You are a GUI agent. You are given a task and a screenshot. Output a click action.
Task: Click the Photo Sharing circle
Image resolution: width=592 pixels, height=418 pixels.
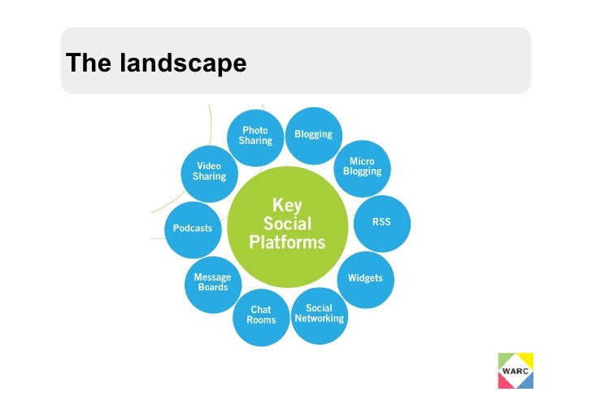click(255, 136)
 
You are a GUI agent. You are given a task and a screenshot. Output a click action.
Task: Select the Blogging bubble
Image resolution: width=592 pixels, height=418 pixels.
click(313, 135)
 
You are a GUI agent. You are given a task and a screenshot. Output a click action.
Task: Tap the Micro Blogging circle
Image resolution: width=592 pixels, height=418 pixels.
click(362, 167)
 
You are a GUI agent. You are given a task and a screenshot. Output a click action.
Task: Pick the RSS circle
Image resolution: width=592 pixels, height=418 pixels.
click(381, 221)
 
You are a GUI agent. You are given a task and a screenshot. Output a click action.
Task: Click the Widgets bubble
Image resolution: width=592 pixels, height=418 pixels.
click(365, 277)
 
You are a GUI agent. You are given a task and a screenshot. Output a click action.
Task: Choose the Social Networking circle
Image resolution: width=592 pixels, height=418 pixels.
click(319, 313)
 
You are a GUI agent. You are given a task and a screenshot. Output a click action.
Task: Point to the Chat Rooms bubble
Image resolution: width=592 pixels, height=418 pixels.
click(261, 316)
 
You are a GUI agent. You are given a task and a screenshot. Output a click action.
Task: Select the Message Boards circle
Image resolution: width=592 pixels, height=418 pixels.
click(212, 283)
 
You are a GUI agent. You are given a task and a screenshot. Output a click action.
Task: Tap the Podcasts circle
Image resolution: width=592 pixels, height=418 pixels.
click(193, 228)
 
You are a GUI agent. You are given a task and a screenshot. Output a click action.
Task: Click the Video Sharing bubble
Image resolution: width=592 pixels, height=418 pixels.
click(209, 172)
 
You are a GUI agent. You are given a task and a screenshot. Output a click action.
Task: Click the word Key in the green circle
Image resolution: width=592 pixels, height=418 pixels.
click(287, 204)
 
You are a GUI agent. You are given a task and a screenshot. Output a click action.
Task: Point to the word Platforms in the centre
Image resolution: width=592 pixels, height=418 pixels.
click(287, 242)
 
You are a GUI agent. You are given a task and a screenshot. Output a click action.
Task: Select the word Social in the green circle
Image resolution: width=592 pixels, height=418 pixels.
click(287, 224)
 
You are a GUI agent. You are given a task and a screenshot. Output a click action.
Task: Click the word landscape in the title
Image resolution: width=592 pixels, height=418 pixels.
click(183, 63)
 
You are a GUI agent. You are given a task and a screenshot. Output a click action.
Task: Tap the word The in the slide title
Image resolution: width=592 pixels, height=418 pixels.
click(89, 63)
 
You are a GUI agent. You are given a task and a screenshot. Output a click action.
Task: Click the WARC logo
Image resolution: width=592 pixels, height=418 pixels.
click(515, 370)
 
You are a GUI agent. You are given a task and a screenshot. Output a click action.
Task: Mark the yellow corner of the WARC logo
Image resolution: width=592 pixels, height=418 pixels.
click(527, 357)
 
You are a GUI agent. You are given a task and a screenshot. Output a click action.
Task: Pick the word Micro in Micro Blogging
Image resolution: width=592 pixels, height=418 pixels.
click(362, 161)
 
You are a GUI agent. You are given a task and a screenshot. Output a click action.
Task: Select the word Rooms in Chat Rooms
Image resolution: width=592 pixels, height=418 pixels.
click(261, 320)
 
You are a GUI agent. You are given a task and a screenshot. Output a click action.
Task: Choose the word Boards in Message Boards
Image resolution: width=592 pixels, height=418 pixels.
click(213, 288)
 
